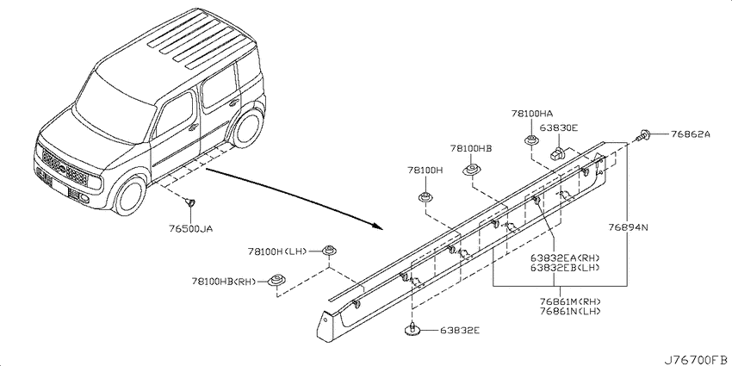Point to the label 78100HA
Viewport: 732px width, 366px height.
531,113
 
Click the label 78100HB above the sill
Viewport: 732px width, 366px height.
469,148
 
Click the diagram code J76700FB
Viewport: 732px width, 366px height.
694,356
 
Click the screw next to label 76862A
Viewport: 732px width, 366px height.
643,134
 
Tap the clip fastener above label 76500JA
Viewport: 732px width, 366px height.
190,202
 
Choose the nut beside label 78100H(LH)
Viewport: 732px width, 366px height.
329,251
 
